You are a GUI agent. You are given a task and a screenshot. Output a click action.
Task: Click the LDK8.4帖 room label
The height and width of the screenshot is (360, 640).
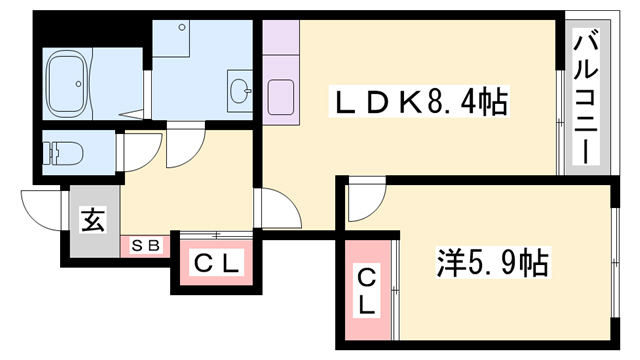[x=420, y=102]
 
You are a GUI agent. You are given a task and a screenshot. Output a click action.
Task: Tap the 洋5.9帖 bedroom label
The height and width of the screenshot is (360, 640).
[x=493, y=262]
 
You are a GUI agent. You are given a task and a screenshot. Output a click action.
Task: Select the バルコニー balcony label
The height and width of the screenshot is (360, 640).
[x=586, y=97]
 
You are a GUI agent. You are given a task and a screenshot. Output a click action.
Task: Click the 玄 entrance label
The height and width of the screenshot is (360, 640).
[x=94, y=220]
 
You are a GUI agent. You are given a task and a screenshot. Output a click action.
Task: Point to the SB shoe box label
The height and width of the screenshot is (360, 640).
[x=145, y=246]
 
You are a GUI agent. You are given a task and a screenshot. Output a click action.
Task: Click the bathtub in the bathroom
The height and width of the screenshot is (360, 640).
[x=67, y=83]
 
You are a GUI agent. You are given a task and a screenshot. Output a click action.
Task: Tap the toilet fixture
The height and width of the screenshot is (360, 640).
[x=65, y=153]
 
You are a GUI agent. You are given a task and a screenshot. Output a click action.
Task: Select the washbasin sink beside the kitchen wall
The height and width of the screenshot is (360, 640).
[x=240, y=91]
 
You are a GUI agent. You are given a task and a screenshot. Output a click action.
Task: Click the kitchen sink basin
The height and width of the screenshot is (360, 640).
[x=281, y=97]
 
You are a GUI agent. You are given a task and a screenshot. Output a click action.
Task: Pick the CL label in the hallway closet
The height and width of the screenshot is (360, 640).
[x=216, y=263]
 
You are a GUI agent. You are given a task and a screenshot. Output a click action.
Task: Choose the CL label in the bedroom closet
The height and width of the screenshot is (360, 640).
[x=367, y=291]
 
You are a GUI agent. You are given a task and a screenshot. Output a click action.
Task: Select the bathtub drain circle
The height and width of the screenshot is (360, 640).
[x=78, y=84]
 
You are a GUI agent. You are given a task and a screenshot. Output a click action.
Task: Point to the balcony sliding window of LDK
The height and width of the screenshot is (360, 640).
[x=561, y=122]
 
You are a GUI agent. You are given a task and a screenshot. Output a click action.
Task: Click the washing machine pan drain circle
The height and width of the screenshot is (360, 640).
[x=182, y=28]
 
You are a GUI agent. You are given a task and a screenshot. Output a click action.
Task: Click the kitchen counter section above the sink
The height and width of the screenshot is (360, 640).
[x=281, y=37]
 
